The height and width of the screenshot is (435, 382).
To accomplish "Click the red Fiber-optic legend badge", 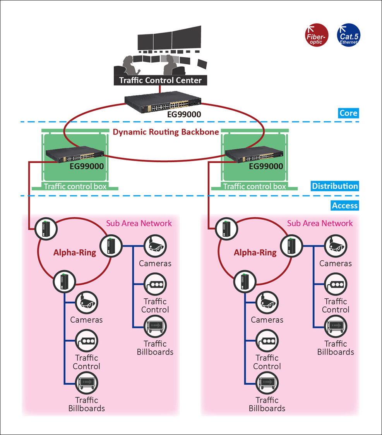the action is [x=317, y=35].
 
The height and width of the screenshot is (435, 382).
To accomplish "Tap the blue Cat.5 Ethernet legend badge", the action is [x=348, y=35].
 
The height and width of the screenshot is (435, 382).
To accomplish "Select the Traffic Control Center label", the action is [x=160, y=80].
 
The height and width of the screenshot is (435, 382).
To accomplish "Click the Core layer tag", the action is [x=348, y=113].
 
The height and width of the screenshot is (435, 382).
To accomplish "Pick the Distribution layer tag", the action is [x=335, y=186].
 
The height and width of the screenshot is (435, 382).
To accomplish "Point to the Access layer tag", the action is [x=345, y=206].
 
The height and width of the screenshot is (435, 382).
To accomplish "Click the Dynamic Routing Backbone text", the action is [x=166, y=132].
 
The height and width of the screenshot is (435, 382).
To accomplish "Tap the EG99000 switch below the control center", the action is [x=163, y=102].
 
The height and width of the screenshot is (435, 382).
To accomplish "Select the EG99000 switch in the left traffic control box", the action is [x=75, y=154].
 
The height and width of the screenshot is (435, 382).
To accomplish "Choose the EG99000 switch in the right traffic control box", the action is [x=254, y=154].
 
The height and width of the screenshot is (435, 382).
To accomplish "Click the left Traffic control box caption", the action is [x=75, y=186].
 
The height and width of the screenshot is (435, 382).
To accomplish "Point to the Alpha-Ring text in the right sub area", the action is [x=255, y=253].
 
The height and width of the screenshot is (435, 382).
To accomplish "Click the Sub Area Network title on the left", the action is [x=139, y=224].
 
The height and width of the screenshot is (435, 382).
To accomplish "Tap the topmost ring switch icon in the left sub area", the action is [x=46, y=229].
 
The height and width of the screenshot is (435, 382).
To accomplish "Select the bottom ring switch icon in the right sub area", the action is [x=245, y=282].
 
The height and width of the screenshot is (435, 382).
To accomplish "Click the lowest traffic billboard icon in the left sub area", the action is [x=86, y=383].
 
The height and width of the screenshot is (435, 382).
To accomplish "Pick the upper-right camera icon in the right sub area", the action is [x=336, y=246].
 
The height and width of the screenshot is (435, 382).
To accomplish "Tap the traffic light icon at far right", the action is [x=336, y=284].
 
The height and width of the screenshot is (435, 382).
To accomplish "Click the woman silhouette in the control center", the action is [x=129, y=65].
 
